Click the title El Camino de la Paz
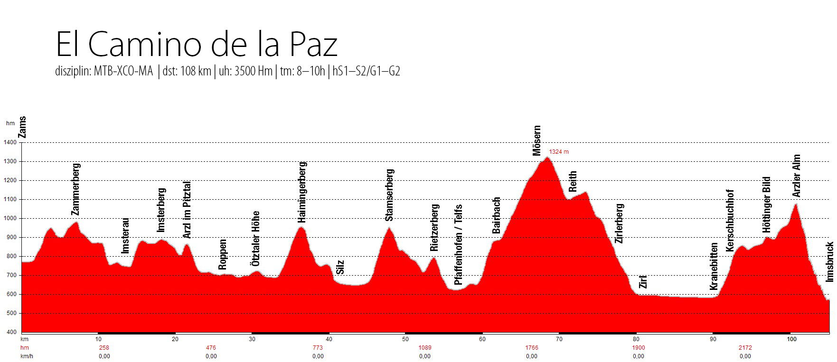tap(197, 45)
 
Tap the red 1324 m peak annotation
tap(558, 152)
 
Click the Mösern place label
tap(537, 141)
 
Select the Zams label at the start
tap(22, 127)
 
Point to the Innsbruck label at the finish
tap(830, 262)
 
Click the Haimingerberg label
tap(302, 192)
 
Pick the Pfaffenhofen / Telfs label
tap(458, 244)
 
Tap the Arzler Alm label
tap(797, 176)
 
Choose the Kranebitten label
tap(714, 267)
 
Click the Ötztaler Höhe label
tap(256, 238)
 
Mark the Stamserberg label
tap(390, 195)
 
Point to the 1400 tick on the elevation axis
tap(10, 142)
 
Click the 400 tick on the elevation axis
tap(11, 332)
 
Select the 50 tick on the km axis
tap(405, 339)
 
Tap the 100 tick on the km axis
tap(791, 339)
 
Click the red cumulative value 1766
tap(532, 348)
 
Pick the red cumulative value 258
tap(104, 348)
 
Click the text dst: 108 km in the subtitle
tap(187, 72)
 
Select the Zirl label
tap(643, 282)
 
